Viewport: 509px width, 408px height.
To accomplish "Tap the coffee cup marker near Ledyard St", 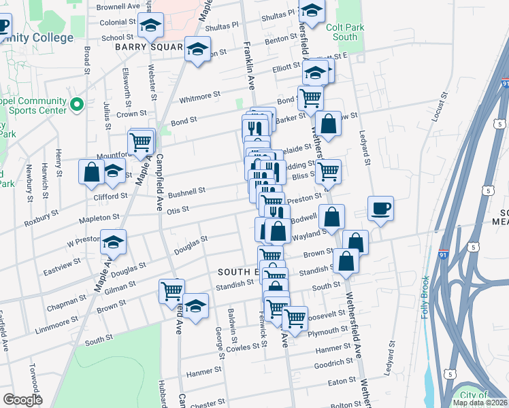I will tap(380, 207).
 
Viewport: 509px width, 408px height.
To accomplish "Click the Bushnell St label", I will tap(186, 193).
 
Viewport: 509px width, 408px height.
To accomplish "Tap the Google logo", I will tap(22, 400).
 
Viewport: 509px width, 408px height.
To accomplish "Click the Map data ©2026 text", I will tap(480, 403).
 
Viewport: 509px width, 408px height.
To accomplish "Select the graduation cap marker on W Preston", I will tap(113, 241).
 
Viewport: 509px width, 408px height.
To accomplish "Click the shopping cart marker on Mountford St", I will tap(141, 142).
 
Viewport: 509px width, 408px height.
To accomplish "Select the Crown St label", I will tap(131, 114).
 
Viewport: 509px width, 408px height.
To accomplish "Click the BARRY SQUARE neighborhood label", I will tap(148, 47).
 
